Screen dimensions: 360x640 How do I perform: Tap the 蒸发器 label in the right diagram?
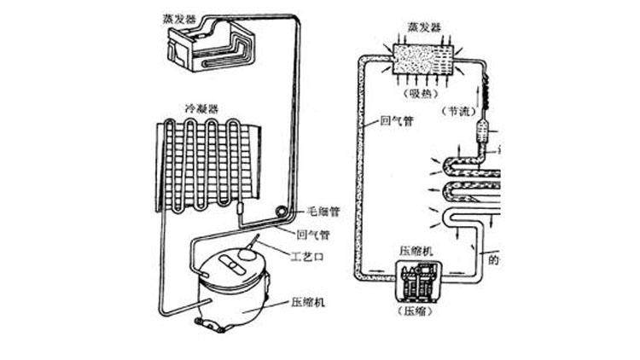(425, 27)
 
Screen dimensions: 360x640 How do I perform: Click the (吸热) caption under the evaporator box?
(423, 93)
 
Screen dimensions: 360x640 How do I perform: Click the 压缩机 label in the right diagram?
(419, 252)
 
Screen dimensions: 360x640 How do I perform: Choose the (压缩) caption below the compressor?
(419, 311)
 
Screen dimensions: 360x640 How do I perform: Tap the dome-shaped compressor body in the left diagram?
(230, 294)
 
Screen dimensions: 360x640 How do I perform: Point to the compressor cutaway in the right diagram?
(420, 281)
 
